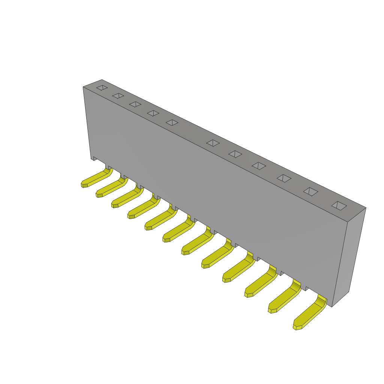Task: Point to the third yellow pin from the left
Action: (126, 198)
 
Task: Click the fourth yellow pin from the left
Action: (143, 208)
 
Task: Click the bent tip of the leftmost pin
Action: (84, 184)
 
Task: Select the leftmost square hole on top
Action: (102, 88)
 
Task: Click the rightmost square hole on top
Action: (339, 205)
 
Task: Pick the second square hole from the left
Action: (118, 96)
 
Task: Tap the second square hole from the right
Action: (310, 192)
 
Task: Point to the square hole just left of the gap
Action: (172, 123)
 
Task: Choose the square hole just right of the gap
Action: (213, 143)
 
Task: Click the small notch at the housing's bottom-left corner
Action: (95, 159)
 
